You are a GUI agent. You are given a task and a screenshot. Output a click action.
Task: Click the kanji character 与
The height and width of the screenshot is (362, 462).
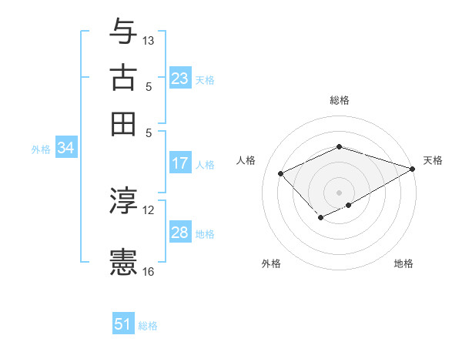[x=123, y=32]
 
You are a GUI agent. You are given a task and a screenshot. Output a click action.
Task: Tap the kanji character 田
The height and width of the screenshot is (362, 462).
[x=123, y=122]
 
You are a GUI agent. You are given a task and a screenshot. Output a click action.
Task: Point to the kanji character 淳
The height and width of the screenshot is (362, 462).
[x=123, y=202]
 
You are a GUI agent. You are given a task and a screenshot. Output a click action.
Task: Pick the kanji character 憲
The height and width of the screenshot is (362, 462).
[x=123, y=262]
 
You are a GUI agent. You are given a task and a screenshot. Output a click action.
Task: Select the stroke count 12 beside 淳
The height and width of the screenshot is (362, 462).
[x=149, y=209]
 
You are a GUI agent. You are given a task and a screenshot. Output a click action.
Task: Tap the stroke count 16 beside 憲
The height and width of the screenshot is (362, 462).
[x=149, y=271]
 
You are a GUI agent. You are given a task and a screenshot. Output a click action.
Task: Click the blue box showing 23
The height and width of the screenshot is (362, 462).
[x=179, y=78]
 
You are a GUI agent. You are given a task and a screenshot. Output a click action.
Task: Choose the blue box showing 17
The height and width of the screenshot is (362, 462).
[x=179, y=163]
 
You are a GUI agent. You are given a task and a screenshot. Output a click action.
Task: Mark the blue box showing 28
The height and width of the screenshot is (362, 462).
[x=179, y=232]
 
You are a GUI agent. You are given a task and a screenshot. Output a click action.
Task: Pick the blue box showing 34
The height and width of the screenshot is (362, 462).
[x=65, y=148]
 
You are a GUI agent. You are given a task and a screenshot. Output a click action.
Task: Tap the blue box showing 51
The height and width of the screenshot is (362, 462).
[x=123, y=324]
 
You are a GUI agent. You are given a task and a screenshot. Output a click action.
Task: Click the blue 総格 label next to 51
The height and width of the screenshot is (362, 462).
[x=148, y=326]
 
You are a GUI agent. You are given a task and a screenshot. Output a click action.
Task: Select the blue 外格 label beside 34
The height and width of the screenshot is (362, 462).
[x=41, y=149]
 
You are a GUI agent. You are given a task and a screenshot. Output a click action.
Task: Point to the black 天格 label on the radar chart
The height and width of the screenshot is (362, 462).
[x=433, y=160]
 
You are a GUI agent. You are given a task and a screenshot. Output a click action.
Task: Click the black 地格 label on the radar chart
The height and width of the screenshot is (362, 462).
[x=403, y=263]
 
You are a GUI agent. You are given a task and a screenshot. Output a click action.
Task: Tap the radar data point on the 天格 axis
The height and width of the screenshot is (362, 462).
[x=413, y=169]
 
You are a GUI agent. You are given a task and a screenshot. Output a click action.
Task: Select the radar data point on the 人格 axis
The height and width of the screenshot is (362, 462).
[x=281, y=173]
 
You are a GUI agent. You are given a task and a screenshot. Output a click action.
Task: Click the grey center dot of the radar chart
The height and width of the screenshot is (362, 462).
[x=339, y=192]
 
